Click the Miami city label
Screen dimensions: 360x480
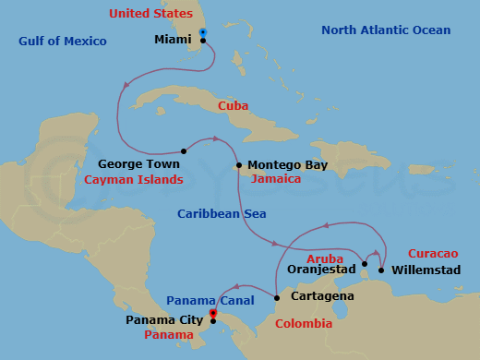[x=174, y=41]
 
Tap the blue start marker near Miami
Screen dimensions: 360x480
[x=202, y=33]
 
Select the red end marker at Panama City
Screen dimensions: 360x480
[x=213, y=313]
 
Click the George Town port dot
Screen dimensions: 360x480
[x=184, y=151]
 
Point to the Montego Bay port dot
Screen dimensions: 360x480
[x=239, y=166]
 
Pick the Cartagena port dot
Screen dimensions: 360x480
[x=277, y=297]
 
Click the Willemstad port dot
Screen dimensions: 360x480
[x=381, y=270]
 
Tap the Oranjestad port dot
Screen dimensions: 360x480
[x=364, y=264]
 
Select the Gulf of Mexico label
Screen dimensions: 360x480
[x=63, y=42]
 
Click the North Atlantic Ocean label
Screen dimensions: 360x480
[x=386, y=30]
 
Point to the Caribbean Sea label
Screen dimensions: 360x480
[x=222, y=214]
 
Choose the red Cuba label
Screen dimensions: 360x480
[x=233, y=106]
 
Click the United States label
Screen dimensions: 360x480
[x=150, y=14]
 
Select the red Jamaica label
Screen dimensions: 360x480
[x=276, y=179]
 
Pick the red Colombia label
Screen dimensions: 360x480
[x=304, y=324]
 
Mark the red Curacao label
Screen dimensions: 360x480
[x=432, y=254]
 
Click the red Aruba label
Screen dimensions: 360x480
[x=324, y=259]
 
